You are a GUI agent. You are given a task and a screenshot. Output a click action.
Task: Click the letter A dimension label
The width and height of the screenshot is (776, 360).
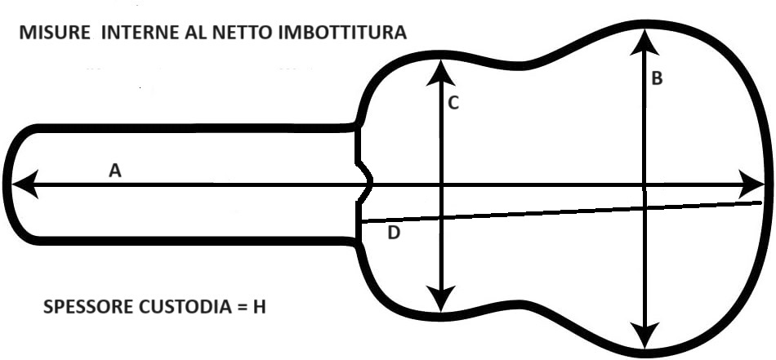pyautogui.click(x=115, y=171)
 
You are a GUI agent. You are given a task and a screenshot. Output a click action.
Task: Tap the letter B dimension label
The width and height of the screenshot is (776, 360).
pyautogui.click(x=656, y=79)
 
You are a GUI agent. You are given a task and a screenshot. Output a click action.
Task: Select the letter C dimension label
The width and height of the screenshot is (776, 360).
pyautogui.click(x=453, y=103)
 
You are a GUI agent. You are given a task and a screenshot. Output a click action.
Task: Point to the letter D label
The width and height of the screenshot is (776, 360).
pyautogui.click(x=394, y=233)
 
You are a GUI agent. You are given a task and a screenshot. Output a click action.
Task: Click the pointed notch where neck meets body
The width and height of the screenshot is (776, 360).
pyautogui.click(x=370, y=180)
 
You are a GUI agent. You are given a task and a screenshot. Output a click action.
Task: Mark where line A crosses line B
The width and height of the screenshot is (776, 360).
pyautogui.click(x=645, y=185)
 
